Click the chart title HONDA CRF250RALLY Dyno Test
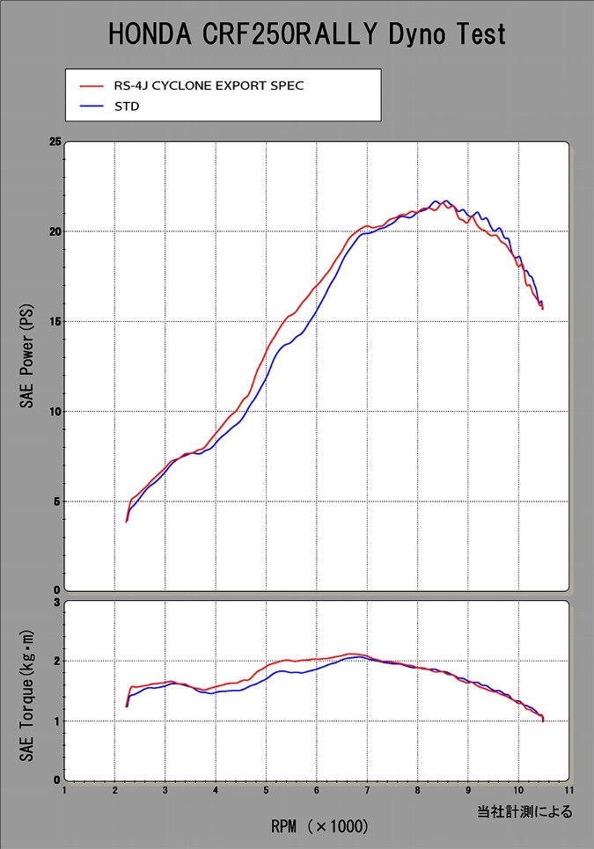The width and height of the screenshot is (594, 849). pos(307,34)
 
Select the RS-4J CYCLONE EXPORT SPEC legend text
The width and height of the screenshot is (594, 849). pos(203,86)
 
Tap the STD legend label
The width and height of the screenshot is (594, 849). pos(128,106)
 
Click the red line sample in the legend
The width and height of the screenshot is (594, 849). pos(91,86)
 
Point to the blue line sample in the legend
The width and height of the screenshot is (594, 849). pos(91,106)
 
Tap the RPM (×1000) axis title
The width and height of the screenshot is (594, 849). pos(319,827)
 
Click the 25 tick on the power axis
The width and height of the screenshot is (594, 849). pos(55,142)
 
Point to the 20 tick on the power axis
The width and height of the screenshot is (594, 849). pos(55,232)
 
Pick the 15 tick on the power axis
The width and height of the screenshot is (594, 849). pos(55,322)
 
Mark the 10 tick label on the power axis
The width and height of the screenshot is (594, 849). pos(55,412)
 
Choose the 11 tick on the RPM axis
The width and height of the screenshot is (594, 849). pos(569,790)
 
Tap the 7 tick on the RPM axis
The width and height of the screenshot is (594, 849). pos(367,790)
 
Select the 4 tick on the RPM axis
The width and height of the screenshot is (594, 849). pos(216,790)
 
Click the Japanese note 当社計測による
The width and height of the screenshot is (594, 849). pos(525,811)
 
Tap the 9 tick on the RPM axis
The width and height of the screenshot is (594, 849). pos(468,790)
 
